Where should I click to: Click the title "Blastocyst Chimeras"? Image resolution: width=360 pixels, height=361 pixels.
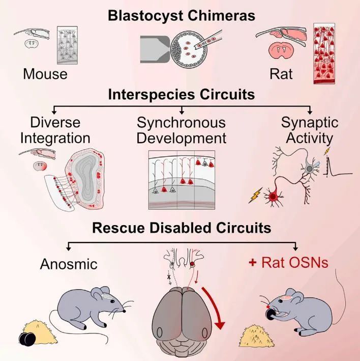tap(182, 16)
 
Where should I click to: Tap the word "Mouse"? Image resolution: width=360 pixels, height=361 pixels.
tap(45, 74)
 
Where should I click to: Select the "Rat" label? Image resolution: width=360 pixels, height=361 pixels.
tap(281, 74)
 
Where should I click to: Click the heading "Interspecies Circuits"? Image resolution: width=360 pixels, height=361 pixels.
tap(182, 94)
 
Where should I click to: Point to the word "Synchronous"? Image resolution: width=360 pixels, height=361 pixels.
tap(181, 123)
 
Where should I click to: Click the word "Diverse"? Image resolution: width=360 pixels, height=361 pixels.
tap(55, 122)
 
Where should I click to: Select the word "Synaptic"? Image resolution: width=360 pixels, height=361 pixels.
tap(310, 123)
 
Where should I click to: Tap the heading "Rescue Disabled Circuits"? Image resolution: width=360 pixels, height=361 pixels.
tap(182, 228)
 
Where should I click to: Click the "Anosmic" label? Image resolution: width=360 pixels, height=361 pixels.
tap(69, 264)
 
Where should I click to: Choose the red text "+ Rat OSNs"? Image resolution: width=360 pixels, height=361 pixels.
tap(288, 262)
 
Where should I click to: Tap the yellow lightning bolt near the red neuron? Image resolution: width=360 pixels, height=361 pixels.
tap(255, 195)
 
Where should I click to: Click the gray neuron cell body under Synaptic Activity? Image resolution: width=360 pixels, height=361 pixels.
tap(310, 169)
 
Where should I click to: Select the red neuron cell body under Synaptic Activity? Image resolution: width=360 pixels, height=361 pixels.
tap(273, 197)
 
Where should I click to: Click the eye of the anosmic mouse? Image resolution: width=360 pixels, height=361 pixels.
tap(112, 301)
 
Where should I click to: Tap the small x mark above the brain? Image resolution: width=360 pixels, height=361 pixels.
tap(169, 276)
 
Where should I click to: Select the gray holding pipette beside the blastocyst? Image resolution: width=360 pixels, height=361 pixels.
tap(155, 49)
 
